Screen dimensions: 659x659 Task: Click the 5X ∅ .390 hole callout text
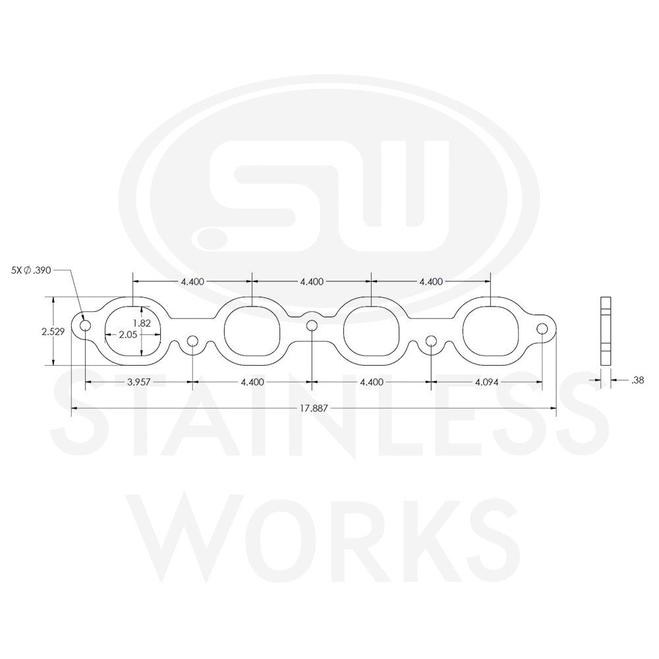[x=31, y=270]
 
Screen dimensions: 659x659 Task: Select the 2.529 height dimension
[x=52, y=332]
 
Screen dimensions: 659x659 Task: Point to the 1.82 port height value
[x=142, y=323]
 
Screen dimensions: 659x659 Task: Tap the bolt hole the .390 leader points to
[x=85, y=326]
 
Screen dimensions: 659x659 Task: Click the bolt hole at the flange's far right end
[x=542, y=328]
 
